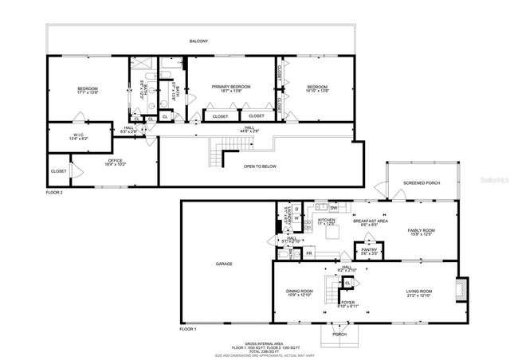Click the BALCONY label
199,40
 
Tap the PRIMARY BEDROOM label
231,87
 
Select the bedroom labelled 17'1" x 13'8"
87,89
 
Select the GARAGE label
224,263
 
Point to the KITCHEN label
327,221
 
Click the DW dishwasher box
334,209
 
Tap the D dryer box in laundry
296,209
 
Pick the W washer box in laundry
296,218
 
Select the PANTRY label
369,250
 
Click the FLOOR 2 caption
54,192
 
